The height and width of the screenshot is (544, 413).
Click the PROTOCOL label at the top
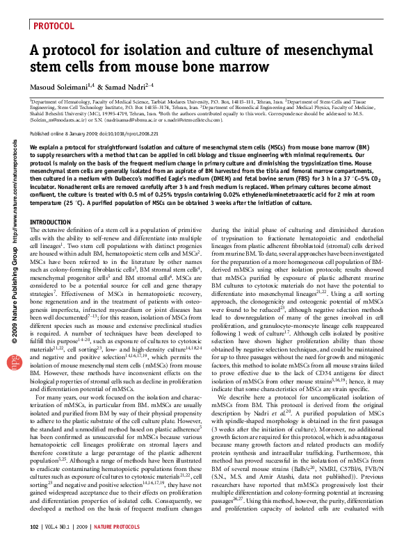(x=53, y=26)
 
